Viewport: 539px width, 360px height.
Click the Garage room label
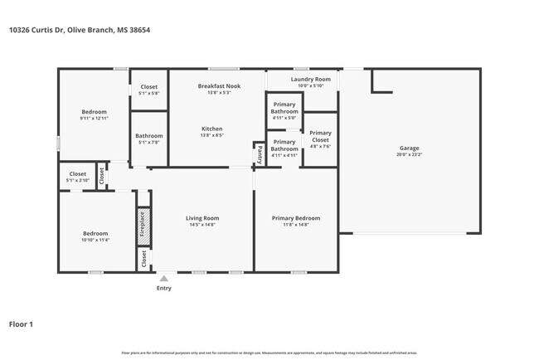[x=409, y=148]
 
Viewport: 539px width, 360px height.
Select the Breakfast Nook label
[x=219, y=86]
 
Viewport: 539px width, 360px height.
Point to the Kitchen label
[x=212, y=128]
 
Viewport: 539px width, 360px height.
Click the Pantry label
[x=260, y=153]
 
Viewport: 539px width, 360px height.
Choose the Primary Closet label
[x=320, y=136]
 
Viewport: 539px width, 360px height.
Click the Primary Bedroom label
[x=296, y=218]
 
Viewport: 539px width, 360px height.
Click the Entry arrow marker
[x=164, y=279]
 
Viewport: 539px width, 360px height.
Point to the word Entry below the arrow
[x=164, y=289]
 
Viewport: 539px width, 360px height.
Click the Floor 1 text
[x=21, y=324]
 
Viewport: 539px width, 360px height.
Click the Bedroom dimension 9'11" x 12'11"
[x=94, y=118]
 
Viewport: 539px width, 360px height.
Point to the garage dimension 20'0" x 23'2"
[x=409, y=155]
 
